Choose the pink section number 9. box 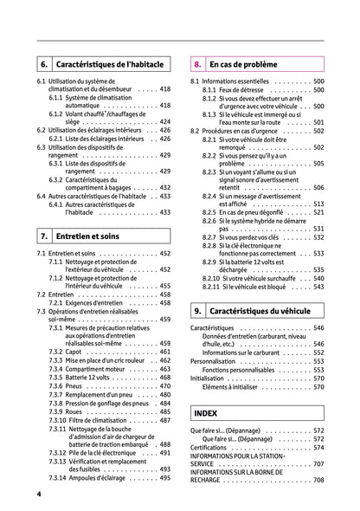[x=198, y=309]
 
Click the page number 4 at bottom [x=39, y=494]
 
